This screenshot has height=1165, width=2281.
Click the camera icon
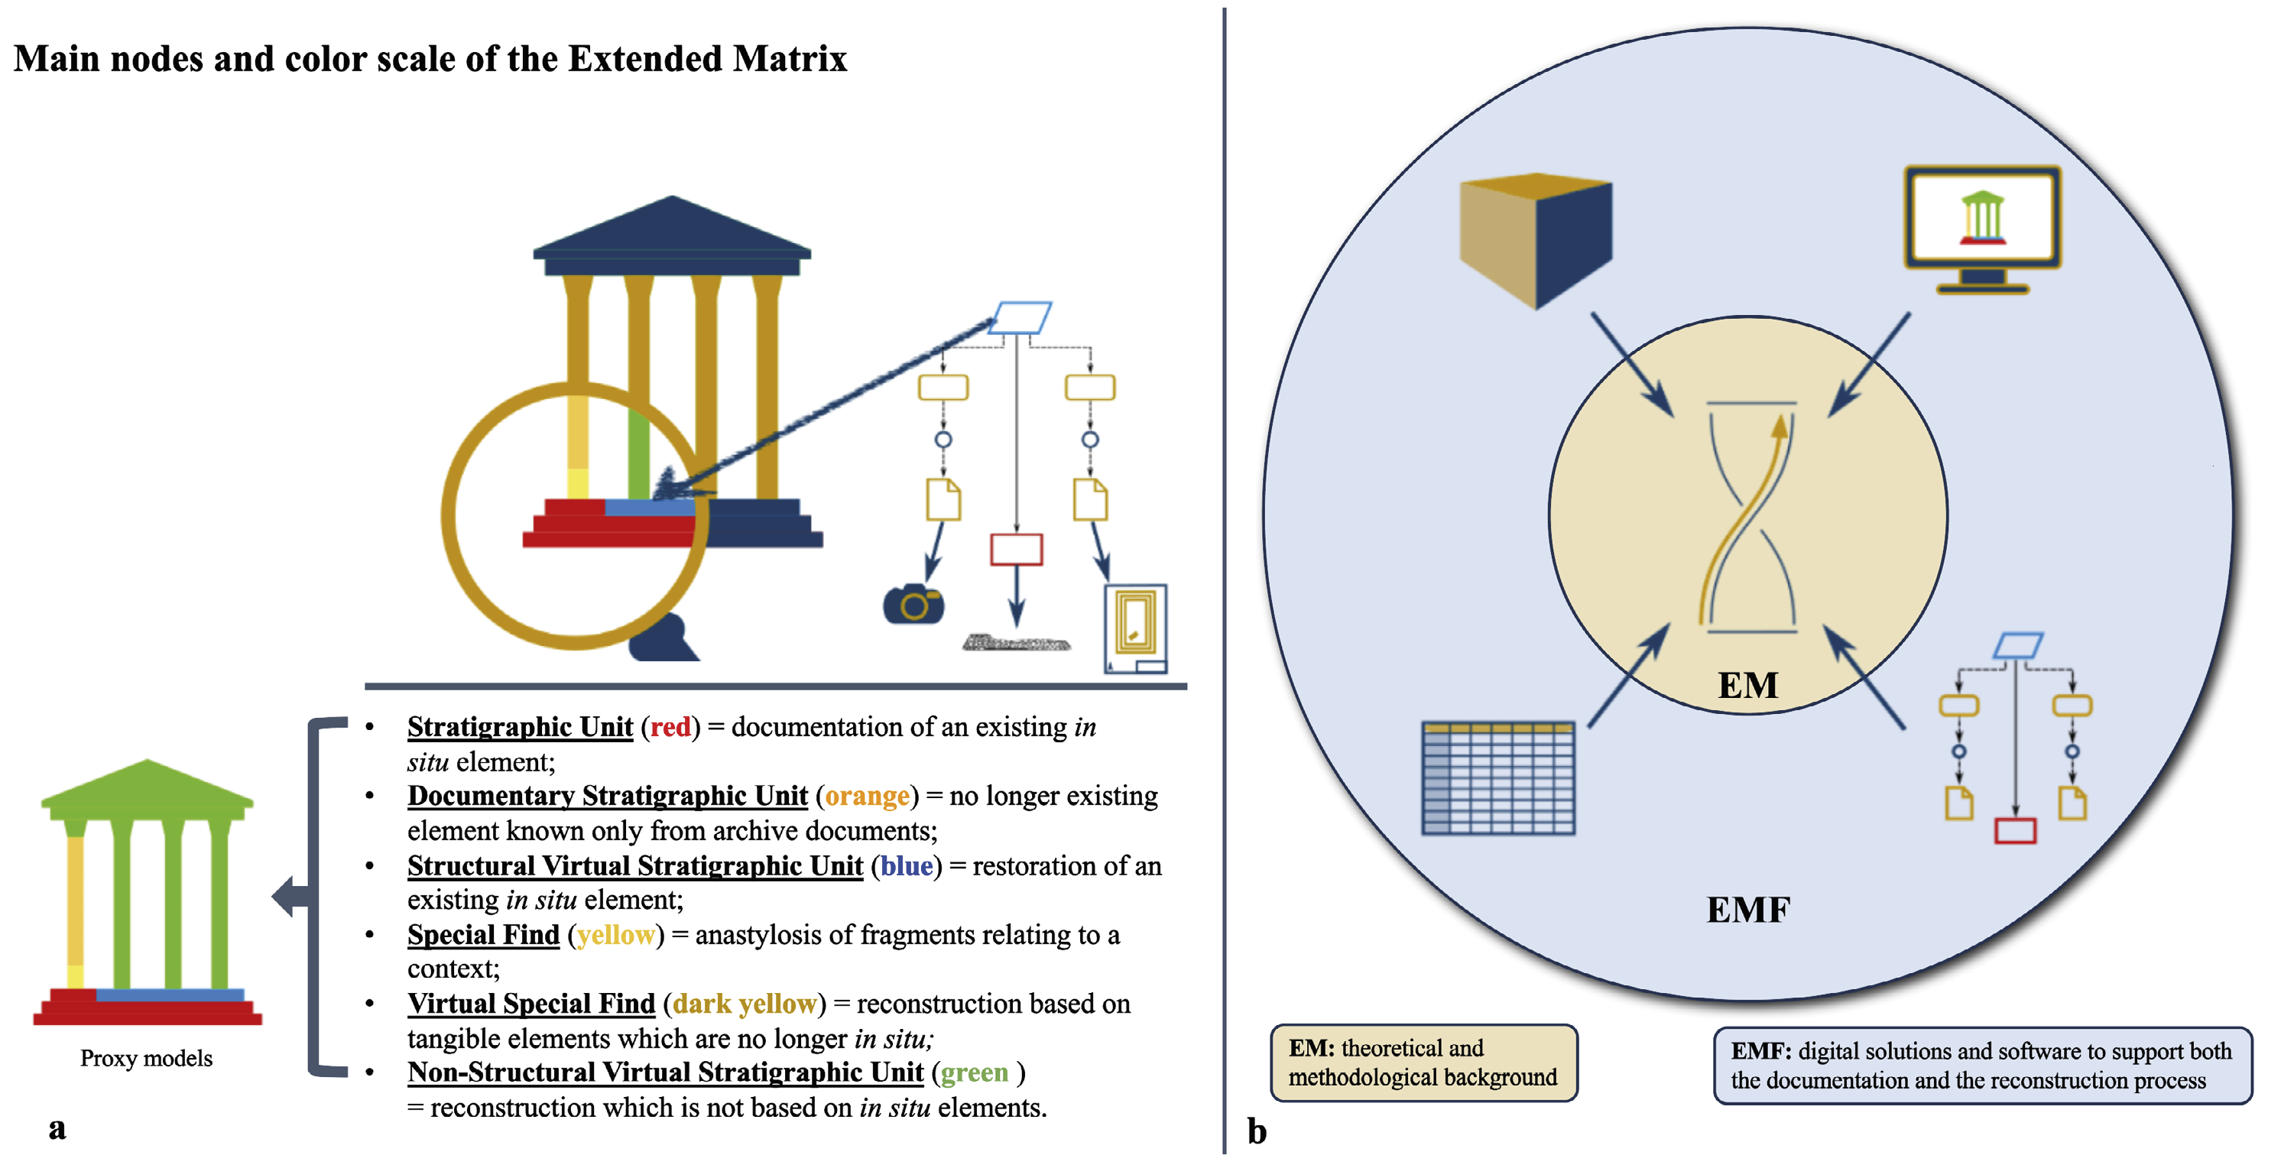pos(913,605)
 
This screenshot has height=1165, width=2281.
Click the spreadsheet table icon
pos(1497,778)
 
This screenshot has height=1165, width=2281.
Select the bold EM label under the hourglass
pos(1747,685)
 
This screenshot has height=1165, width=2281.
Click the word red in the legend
pos(670,727)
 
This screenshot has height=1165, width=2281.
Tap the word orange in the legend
pos(867,796)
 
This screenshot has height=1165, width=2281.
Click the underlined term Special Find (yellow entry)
pos(483,934)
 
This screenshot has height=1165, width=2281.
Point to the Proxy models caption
pos(146,1058)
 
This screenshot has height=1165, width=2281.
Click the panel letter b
pos(1257,1131)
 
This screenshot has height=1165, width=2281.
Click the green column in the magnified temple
pos(638,453)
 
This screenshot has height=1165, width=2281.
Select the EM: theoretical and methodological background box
pos(1423,1063)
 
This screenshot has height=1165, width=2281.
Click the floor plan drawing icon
pos(1135,628)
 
